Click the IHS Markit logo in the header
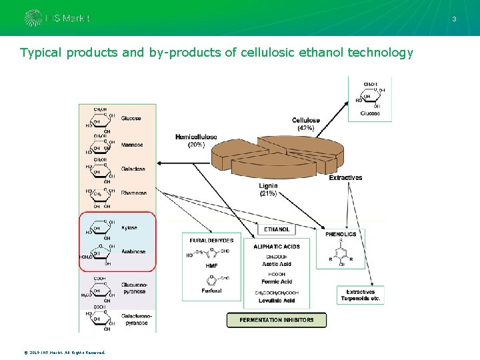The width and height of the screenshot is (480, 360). pyautogui.click(x=57, y=18)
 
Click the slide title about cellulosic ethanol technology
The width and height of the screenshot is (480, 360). pyautogui.click(x=217, y=53)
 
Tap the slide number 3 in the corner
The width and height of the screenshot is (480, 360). pyautogui.click(x=454, y=19)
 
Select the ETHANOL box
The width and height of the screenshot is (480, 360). pyautogui.click(x=277, y=229)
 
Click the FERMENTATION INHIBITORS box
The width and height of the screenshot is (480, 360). pyautogui.click(x=277, y=320)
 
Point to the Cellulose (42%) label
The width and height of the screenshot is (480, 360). pyautogui.click(x=305, y=124)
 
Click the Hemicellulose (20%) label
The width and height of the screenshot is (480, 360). pyautogui.click(x=196, y=141)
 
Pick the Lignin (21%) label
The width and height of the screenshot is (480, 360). pyautogui.click(x=268, y=189)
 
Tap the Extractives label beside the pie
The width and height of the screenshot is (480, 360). pyautogui.click(x=345, y=178)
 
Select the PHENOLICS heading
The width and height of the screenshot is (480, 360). pyautogui.click(x=341, y=235)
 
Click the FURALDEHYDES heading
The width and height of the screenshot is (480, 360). pyautogui.click(x=211, y=240)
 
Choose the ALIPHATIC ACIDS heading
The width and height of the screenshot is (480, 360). pyautogui.click(x=277, y=247)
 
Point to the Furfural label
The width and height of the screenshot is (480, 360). pyautogui.click(x=211, y=291)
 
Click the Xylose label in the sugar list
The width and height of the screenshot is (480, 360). pyautogui.click(x=129, y=228)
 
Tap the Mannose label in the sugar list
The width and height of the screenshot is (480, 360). pyautogui.click(x=132, y=145)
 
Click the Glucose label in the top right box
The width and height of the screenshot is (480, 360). pyautogui.click(x=370, y=113)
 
